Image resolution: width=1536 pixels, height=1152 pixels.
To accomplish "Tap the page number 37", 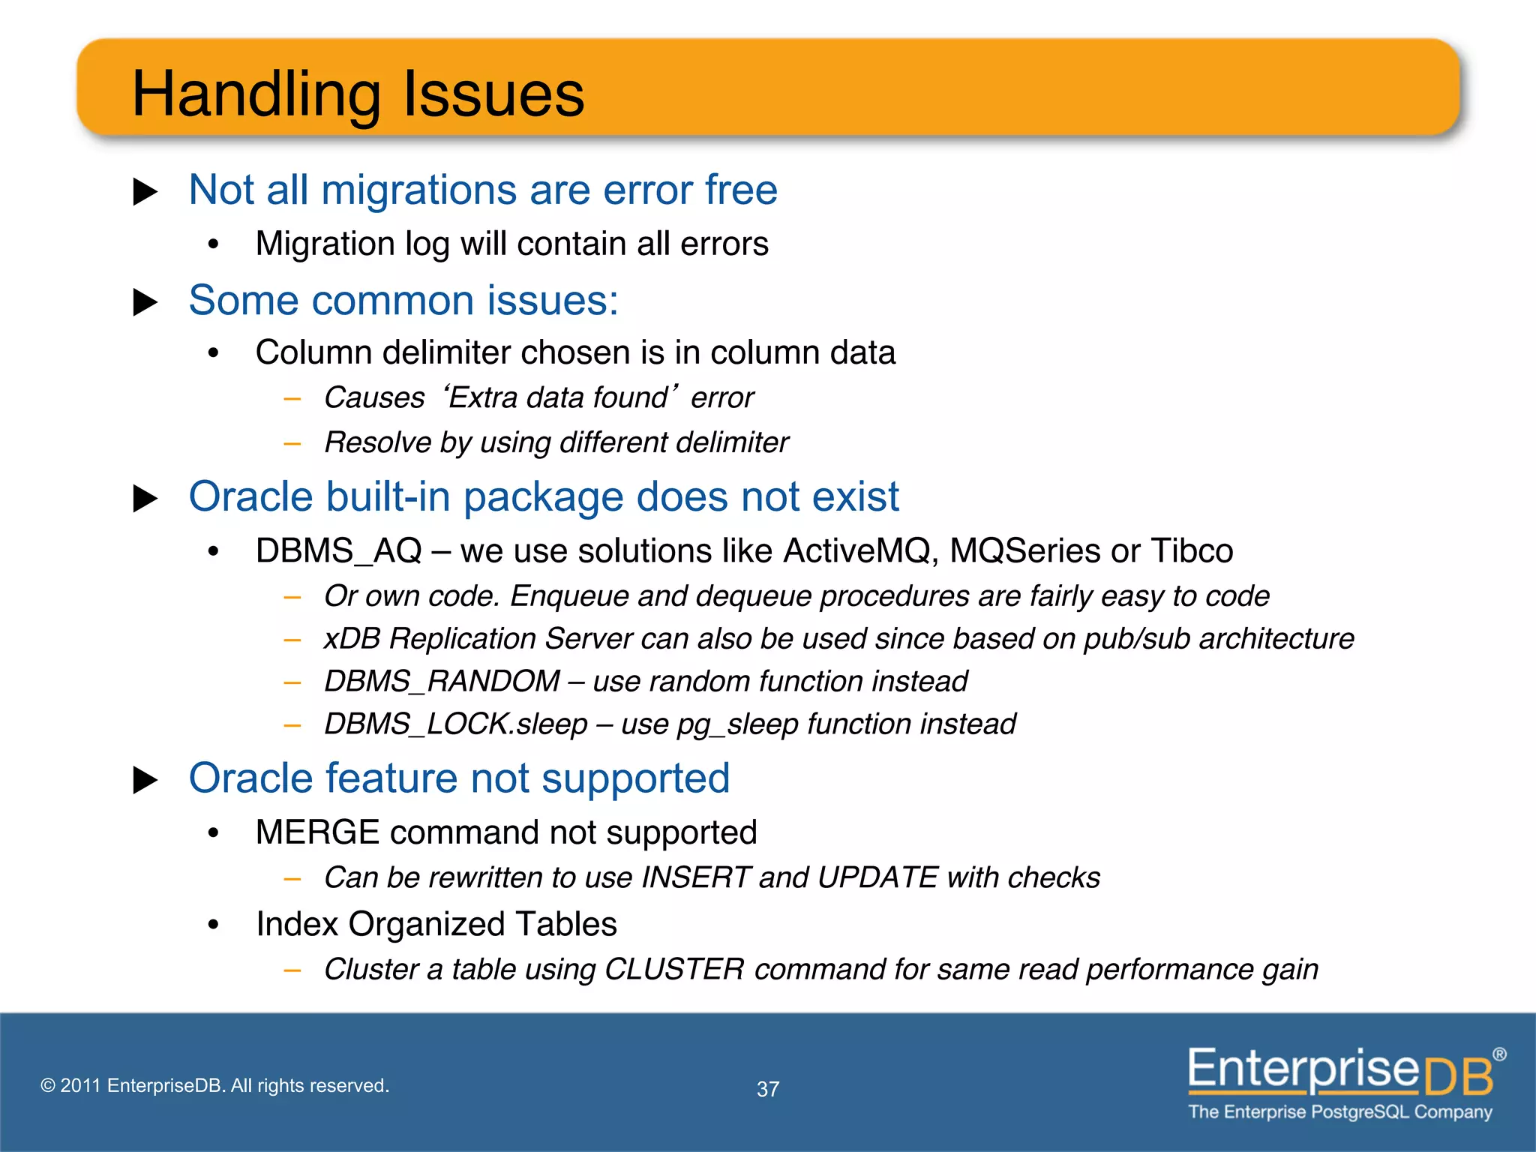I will [x=767, y=1089].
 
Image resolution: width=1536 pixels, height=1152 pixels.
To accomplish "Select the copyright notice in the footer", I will [x=214, y=1085].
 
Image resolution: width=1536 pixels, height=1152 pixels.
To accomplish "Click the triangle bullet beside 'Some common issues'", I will [x=145, y=302].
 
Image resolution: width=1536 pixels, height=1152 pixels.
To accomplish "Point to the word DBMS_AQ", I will [x=339, y=551].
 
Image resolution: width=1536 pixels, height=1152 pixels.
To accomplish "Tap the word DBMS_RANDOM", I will [x=442, y=682].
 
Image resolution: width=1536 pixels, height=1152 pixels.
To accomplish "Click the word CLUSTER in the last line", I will [x=674, y=969].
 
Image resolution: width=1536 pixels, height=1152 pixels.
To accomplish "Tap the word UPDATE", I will [x=877, y=877].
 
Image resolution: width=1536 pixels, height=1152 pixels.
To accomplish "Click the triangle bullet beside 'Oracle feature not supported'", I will [x=145, y=780].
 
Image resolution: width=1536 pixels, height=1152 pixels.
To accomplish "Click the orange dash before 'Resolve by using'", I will [x=292, y=444].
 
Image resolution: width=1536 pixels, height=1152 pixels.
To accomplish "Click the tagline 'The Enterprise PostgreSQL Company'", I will [x=1340, y=1111].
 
